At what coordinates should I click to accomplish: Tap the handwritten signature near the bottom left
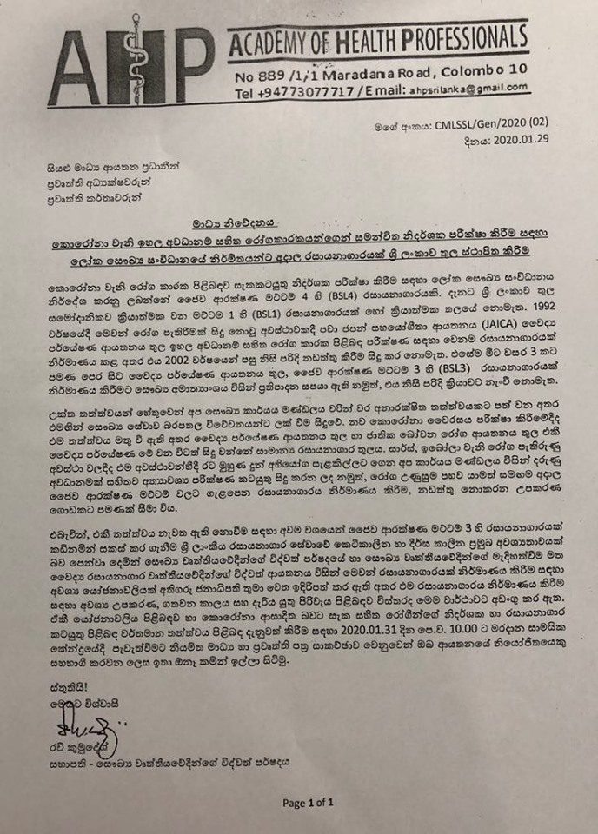(55, 722)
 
